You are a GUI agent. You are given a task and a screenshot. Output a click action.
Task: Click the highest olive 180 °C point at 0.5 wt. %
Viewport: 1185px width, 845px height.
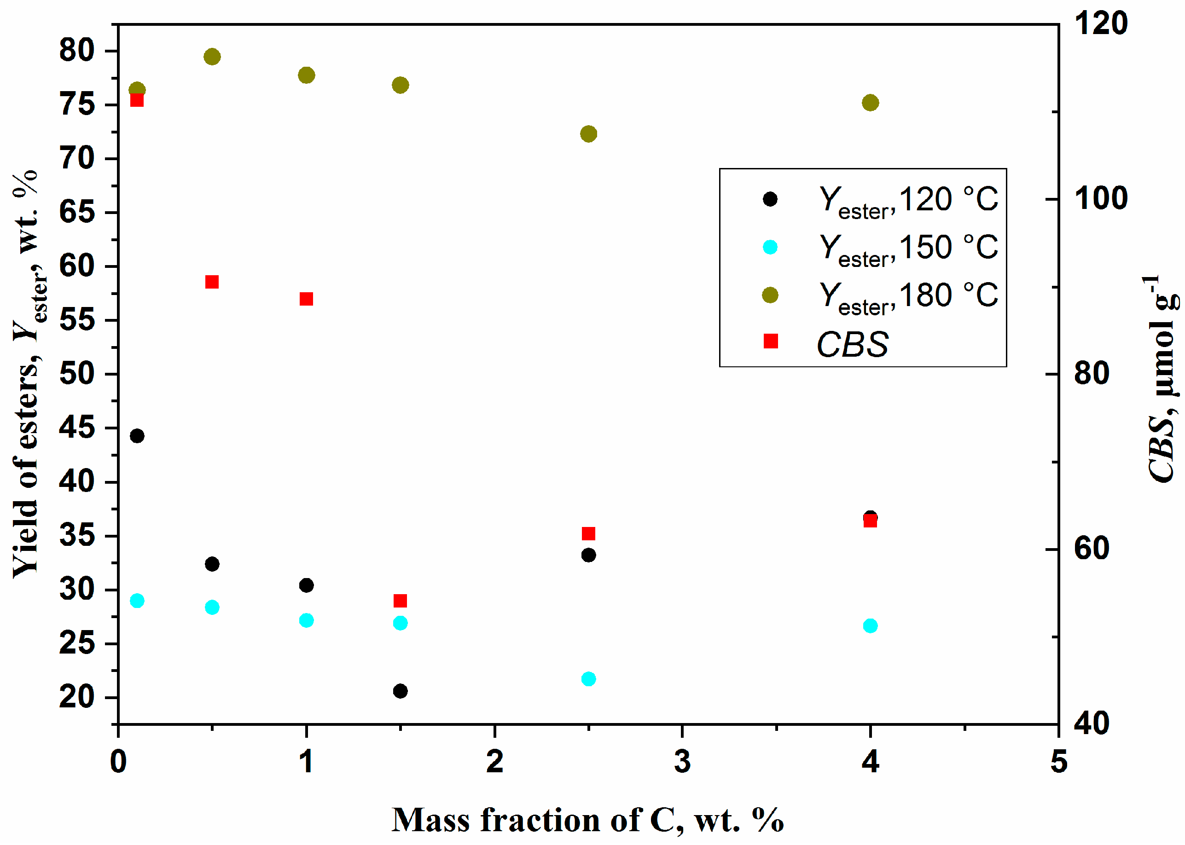click(x=212, y=56)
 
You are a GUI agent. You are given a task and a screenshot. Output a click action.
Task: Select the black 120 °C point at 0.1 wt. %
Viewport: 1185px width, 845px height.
click(x=137, y=435)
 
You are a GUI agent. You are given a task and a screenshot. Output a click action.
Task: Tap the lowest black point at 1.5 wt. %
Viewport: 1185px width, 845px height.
click(x=400, y=691)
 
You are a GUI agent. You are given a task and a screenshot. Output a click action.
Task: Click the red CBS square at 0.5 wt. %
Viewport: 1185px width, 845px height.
click(x=212, y=282)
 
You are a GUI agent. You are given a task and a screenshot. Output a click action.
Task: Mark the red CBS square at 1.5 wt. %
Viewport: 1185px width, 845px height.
click(x=400, y=601)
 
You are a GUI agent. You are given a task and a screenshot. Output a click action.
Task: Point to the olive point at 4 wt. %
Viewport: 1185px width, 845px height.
click(x=870, y=103)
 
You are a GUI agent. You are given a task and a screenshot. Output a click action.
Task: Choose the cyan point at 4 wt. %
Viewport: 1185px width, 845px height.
click(x=870, y=625)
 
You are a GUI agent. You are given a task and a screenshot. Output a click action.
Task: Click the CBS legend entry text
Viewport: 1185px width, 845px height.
click(x=853, y=344)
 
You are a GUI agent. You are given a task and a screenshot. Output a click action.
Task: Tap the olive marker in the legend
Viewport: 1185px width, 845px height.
click(x=770, y=295)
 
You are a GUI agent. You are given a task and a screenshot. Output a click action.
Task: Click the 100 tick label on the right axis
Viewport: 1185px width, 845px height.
click(x=1100, y=198)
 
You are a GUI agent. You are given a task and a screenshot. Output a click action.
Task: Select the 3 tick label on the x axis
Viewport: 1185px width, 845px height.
click(x=682, y=762)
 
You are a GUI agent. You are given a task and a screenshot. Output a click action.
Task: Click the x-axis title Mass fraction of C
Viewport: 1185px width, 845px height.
click(x=587, y=820)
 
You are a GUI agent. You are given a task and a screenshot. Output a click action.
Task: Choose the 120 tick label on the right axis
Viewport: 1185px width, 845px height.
click(x=1100, y=23)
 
